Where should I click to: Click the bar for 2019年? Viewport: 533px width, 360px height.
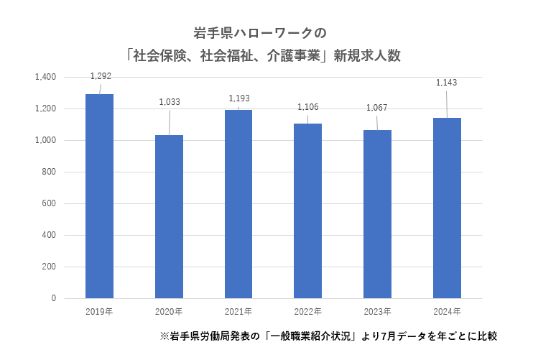tap(99, 195)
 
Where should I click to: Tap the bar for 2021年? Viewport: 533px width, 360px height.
tap(238, 203)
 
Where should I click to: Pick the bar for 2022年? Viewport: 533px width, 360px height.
tap(307, 211)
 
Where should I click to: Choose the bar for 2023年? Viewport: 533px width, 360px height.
tap(377, 213)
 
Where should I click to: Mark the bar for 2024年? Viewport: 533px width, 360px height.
tap(447, 208)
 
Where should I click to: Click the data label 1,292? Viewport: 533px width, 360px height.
tap(101, 75)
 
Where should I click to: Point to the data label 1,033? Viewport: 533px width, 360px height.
tap(170, 102)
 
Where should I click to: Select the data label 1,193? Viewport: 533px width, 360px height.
tap(239, 98)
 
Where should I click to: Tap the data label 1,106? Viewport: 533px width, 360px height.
tap(308, 107)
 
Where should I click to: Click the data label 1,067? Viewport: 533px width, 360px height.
tap(378, 108)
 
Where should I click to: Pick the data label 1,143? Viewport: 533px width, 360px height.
tap(447, 83)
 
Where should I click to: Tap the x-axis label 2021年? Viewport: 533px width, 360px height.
tap(238, 311)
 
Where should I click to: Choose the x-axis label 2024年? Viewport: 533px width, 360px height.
tap(447, 311)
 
